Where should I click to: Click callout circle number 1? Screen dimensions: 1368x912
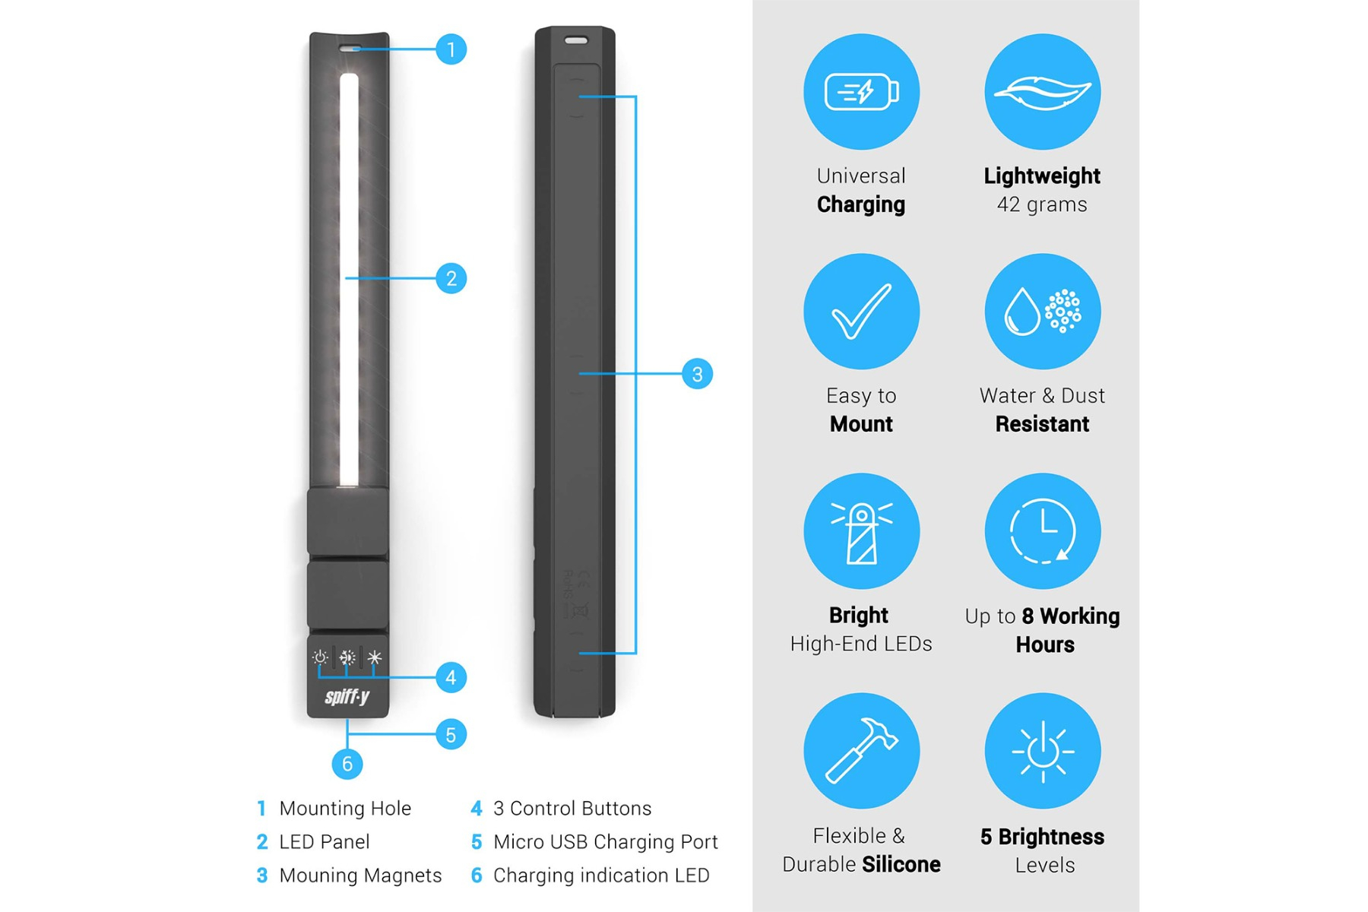[451, 49]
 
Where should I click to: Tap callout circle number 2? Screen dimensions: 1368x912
[451, 278]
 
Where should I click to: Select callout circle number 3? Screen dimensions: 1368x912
[697, 374]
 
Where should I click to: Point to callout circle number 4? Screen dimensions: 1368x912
[451, 677]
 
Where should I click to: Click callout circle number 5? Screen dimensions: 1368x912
[451, 735]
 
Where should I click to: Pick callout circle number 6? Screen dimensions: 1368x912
[347, 764]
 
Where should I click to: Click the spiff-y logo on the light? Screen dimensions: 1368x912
[347, 696]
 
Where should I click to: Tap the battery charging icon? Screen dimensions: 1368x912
[861, 92]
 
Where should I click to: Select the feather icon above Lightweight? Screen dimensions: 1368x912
[1043, 92]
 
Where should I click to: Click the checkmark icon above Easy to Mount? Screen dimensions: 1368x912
[861, 312]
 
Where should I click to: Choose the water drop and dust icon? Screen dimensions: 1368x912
[1043, 312]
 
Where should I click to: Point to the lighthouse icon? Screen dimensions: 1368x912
[861, 531]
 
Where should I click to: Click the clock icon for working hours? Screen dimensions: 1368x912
[1043, 531]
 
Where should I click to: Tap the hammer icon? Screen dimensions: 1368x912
[861, 751]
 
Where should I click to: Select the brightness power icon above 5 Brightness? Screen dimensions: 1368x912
[1043, 751]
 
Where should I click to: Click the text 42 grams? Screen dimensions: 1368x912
[1042, 205]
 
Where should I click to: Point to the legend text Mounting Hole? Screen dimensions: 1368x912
[345, 809]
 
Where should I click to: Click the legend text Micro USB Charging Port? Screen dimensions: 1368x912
[605, 842]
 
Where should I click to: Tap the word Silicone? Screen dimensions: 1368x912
[901, 864]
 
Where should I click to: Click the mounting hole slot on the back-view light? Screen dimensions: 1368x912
[575, 40]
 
